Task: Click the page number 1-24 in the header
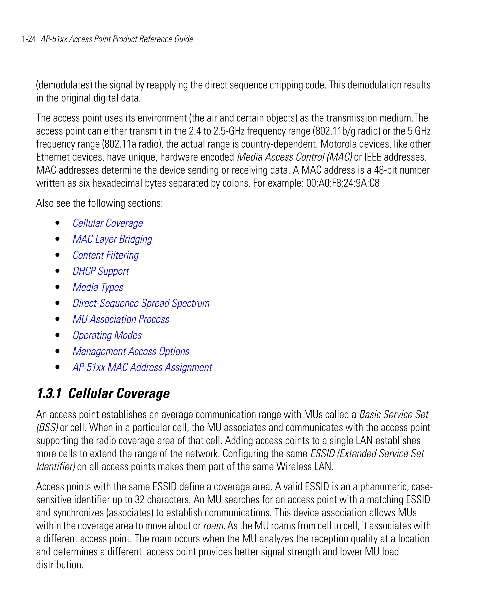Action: point(29,39)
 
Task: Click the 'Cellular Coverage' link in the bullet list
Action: point(107,223)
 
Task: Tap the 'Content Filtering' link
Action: point(106,255)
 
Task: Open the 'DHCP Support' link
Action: point(101,271)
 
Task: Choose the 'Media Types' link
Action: point(98,287)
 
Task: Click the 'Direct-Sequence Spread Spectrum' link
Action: point(141,303)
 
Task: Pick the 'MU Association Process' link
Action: point(121,319)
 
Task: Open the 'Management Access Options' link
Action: point(131,351)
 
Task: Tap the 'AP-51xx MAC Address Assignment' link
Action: point(142,367)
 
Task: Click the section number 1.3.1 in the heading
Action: point(49,394)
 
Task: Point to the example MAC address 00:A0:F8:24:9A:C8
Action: point(343,183)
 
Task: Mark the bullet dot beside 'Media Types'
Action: point(58,287)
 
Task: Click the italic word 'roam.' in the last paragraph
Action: point(214,526)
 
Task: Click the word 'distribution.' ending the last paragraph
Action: point(60,565)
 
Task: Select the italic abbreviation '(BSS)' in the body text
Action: point(47,428)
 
